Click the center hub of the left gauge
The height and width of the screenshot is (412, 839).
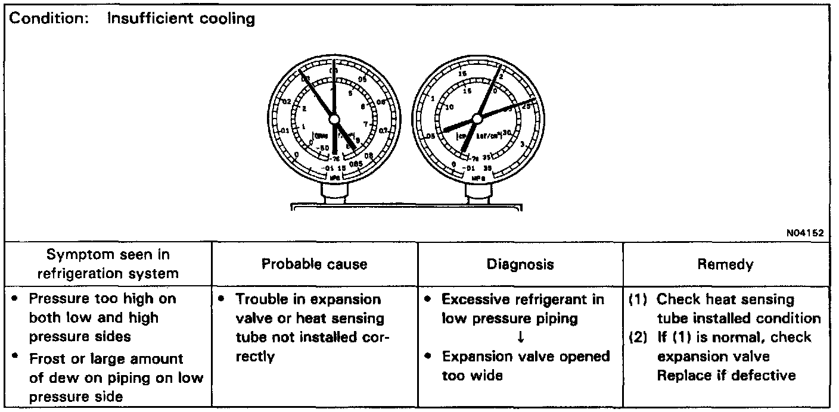pyautogui.click(x=334, y=120)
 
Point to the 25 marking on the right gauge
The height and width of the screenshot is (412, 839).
pyautogui.click(x=527, y=105)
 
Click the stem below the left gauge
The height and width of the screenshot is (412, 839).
pyautogui.click(x=334, y=192)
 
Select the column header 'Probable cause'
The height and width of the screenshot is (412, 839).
pyautogui.click(x=314, y=264)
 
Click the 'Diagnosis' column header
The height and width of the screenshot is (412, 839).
pyautogui.click(x=520, y=264)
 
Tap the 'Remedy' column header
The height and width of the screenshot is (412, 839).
pyautogui.click(x=725, y=264)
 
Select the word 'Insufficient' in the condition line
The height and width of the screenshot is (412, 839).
pyautogui.click(x=146, y=18)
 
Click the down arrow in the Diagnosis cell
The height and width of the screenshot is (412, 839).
pyautogui.click(x=521, y=337)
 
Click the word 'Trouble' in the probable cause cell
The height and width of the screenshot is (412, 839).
pyautogui.click(x=263, y=299)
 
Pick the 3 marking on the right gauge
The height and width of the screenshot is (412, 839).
pyautogui.click(x=523, y=145)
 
